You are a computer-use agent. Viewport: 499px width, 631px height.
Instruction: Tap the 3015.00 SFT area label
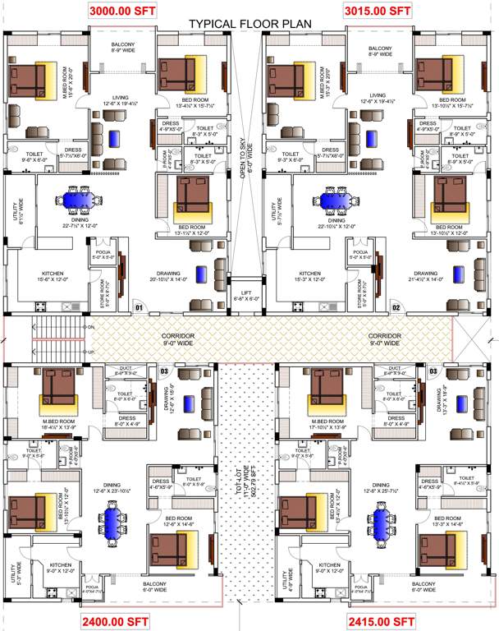(x=377, y=11)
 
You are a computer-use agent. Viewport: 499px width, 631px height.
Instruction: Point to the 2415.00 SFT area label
(x=381, y=620)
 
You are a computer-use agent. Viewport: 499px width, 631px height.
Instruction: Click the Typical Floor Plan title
(x=250, y=25)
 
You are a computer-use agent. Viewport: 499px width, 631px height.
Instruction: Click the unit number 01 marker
(x=140, y=308)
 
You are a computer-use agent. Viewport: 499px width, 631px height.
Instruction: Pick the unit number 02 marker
(x=396, y=308)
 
